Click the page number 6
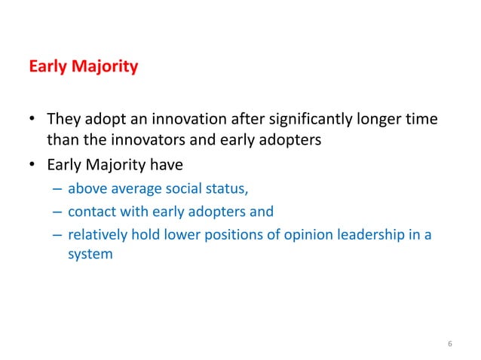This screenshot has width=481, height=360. click(449, 345)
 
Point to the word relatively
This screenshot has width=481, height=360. click(96, 233)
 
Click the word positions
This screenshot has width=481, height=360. click(229, 233)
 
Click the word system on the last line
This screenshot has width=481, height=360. click(90, 254)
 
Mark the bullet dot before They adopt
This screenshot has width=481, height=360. click(33, 120)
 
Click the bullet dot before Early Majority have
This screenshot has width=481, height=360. click(33, 160)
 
